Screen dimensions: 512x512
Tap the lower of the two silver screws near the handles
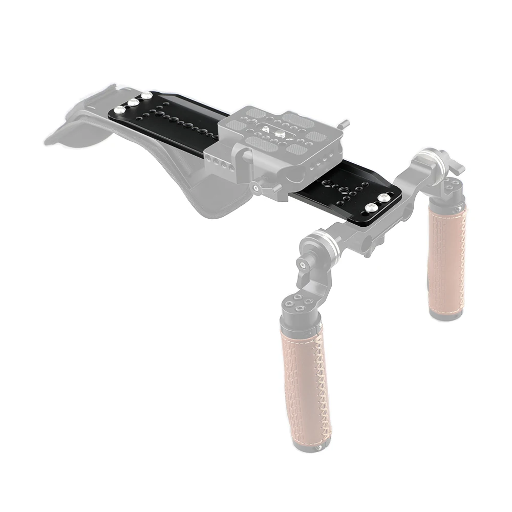pos(371,207)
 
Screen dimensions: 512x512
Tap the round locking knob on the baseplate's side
pos(256,188)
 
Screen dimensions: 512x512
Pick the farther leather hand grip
pos(446,256)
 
